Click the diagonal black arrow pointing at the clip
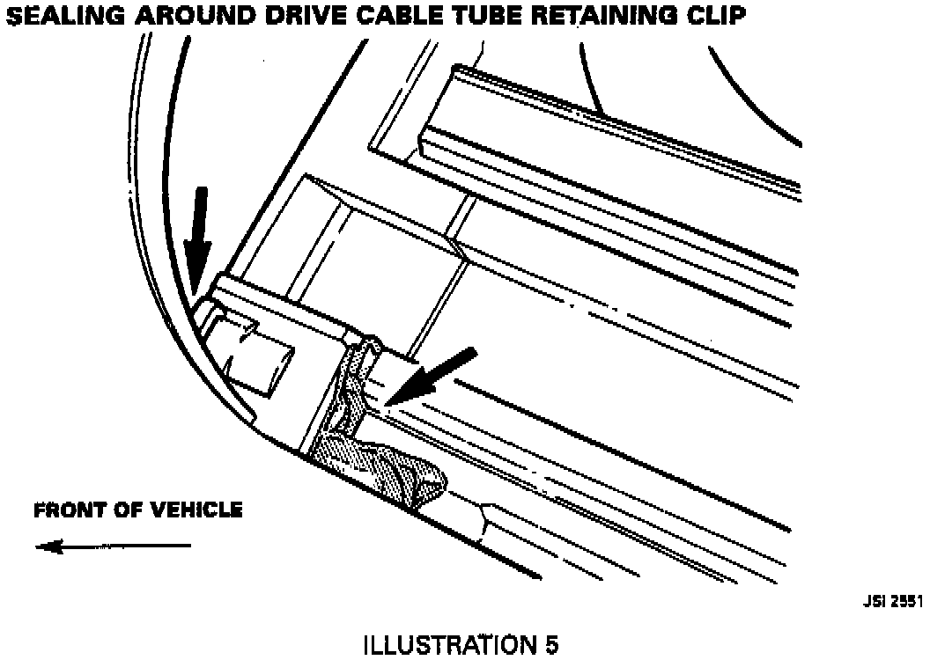tap(436, 375)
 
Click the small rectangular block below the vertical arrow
tap(260, 352)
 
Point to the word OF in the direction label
tap(132, 510)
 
